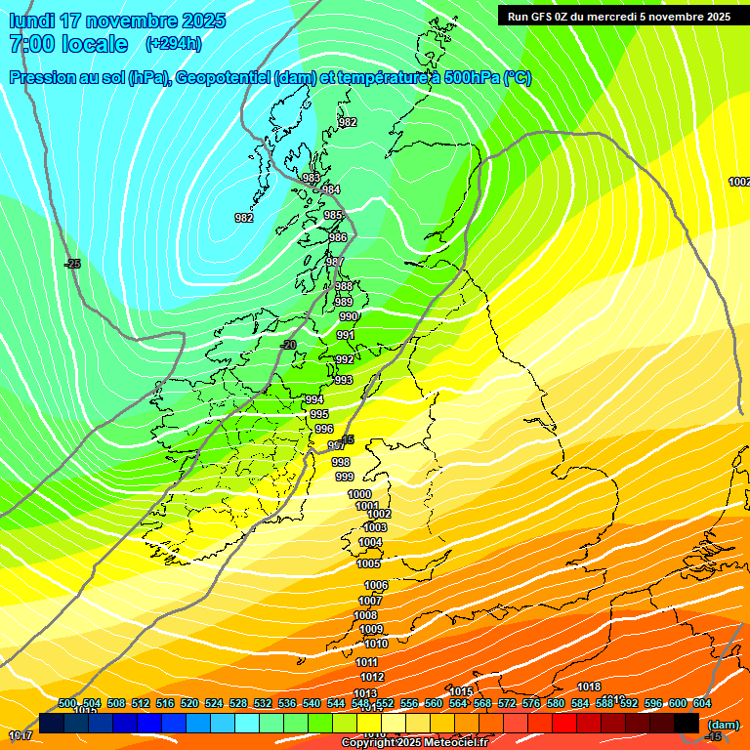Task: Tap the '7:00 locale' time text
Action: (68, 44)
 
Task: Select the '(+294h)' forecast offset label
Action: (174, 44)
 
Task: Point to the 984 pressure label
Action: (331, 189)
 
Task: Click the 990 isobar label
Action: (348, 317)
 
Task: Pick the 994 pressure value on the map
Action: (313, 400)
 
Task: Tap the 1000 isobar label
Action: (359, 495)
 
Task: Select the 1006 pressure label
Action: (376, 585)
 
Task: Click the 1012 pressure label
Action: (372, 677)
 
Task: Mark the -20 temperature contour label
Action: (288, 345)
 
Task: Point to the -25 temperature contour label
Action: (72, 264)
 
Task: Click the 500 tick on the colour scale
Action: (67, 703)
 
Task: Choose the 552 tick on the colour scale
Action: (385, 703)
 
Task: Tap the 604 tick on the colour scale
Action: (701, 703)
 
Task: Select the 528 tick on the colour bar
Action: (238, 703)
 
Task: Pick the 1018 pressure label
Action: (589, 687)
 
